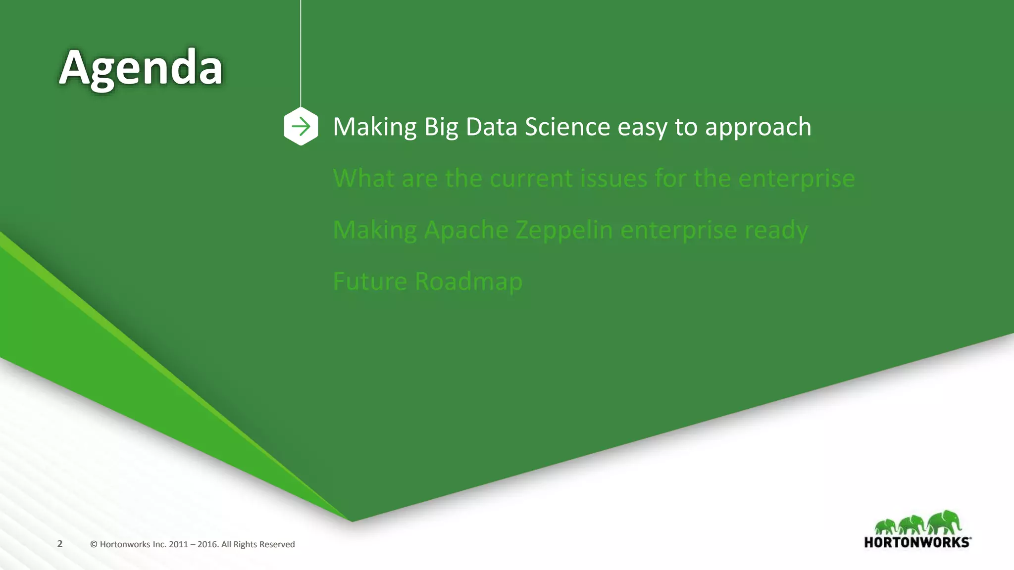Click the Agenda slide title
[141, 68]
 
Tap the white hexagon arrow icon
[301, 127]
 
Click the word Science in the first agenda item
[567, 127]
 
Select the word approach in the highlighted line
[758, 128]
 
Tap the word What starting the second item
[363, 178]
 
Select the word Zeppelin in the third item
[564, 231]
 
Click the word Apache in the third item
[466, 230]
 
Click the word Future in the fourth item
[370, 282]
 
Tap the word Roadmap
[468, 282]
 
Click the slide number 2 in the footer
[60, 544]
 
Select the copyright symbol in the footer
[94, 544]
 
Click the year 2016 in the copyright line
[207, 544]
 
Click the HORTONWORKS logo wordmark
[917, 542]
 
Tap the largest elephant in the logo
[944, 522]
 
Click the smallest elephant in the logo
[886, 526]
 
